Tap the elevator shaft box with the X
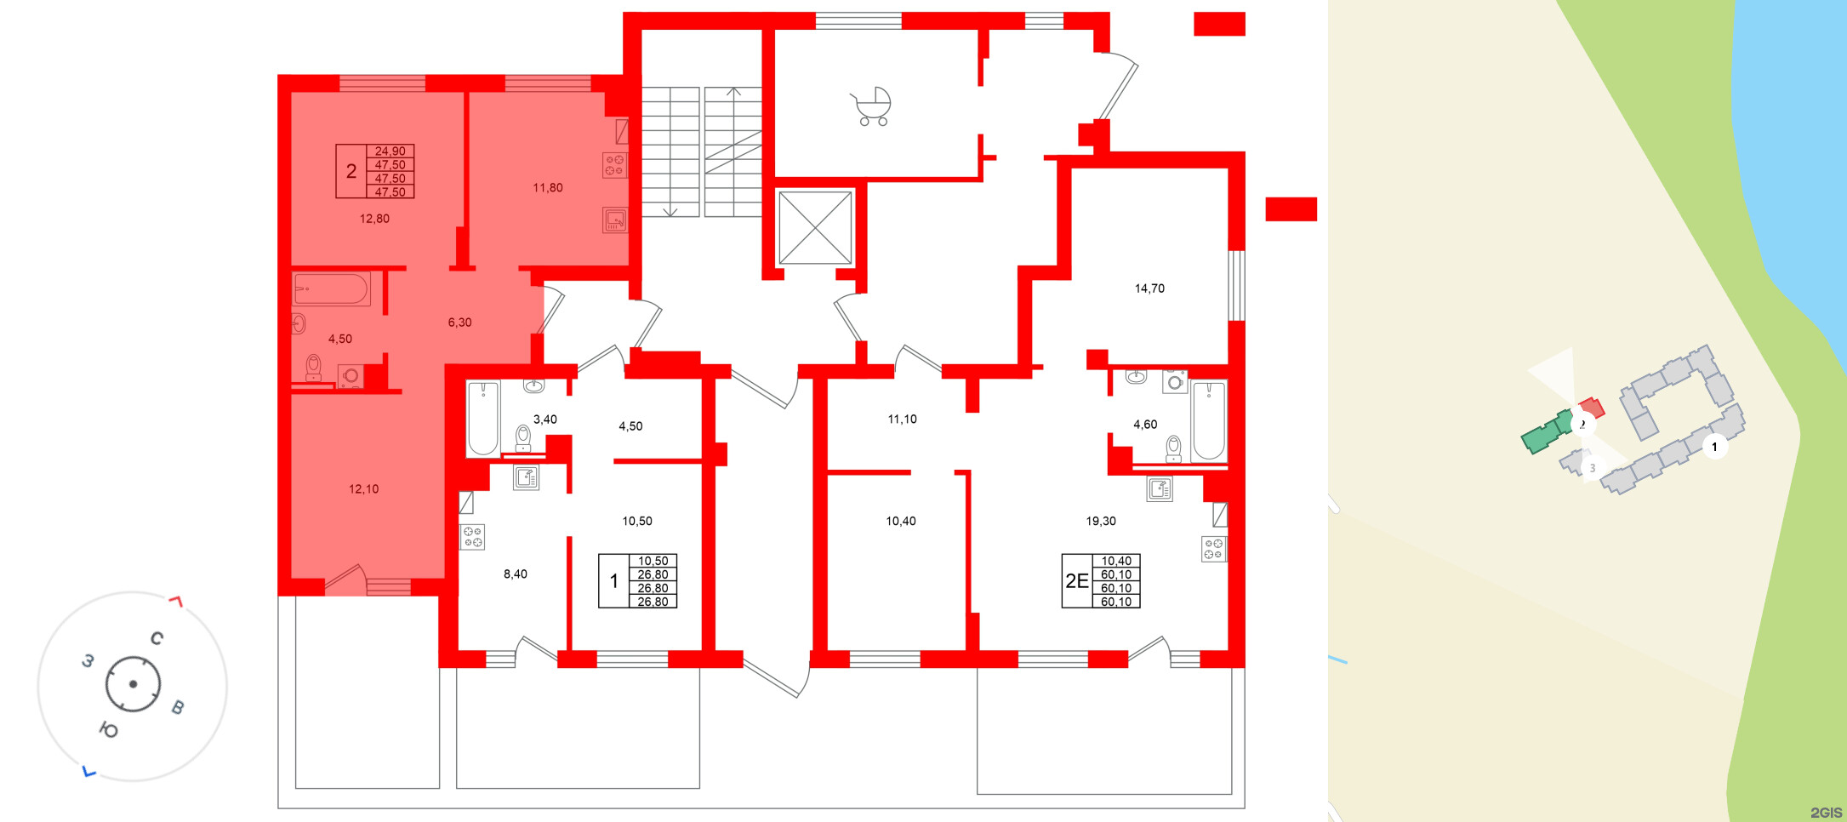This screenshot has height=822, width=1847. tap(815, 227)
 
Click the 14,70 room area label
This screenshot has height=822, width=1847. tap(1149, 288)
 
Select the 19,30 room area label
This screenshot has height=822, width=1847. tap(1101, 521)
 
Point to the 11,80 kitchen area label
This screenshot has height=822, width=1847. tap(548, 188)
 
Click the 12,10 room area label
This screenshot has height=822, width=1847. tap(363, 489)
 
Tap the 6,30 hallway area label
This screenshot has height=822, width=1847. tap(459, 323)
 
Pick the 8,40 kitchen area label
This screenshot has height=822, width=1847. tap(515, 574)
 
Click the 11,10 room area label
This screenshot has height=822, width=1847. tap(902, 420)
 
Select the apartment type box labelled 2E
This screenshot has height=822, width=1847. tap(1077, 581)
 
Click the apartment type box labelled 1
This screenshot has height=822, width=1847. tap(613, 581)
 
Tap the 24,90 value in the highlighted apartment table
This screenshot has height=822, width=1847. tap(390, 151)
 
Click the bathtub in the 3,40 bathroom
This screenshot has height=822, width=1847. tap(483, 419)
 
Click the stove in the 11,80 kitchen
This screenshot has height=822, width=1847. tap(614, 165)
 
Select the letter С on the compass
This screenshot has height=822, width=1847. tap(157, 638)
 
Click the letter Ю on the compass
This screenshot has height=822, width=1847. tap(109, 729)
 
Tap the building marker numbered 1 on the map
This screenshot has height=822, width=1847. tap(1714, 447)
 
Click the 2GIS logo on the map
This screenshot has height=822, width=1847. tap(1826, 813)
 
